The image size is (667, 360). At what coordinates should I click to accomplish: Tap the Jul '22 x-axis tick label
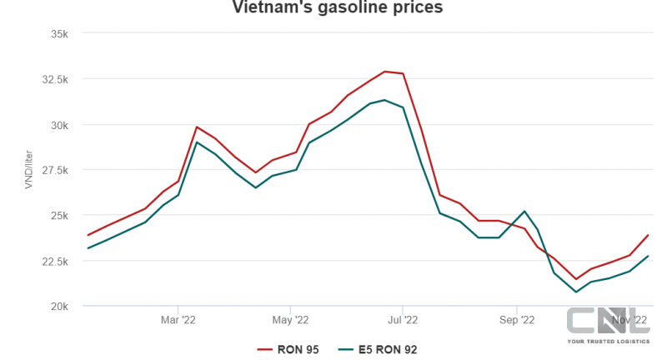coord(403,319)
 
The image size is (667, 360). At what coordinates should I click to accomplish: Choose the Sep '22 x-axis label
coord(517,319)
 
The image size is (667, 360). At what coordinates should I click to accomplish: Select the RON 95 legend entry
coord(288,350)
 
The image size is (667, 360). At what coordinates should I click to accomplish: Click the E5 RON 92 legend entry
coord(378,350)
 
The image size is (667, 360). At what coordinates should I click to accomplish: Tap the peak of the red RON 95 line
coord(384,72)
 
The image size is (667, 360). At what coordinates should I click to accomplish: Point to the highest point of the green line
coord(384,100)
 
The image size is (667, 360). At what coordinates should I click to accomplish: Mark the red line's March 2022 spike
coord(197,127)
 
